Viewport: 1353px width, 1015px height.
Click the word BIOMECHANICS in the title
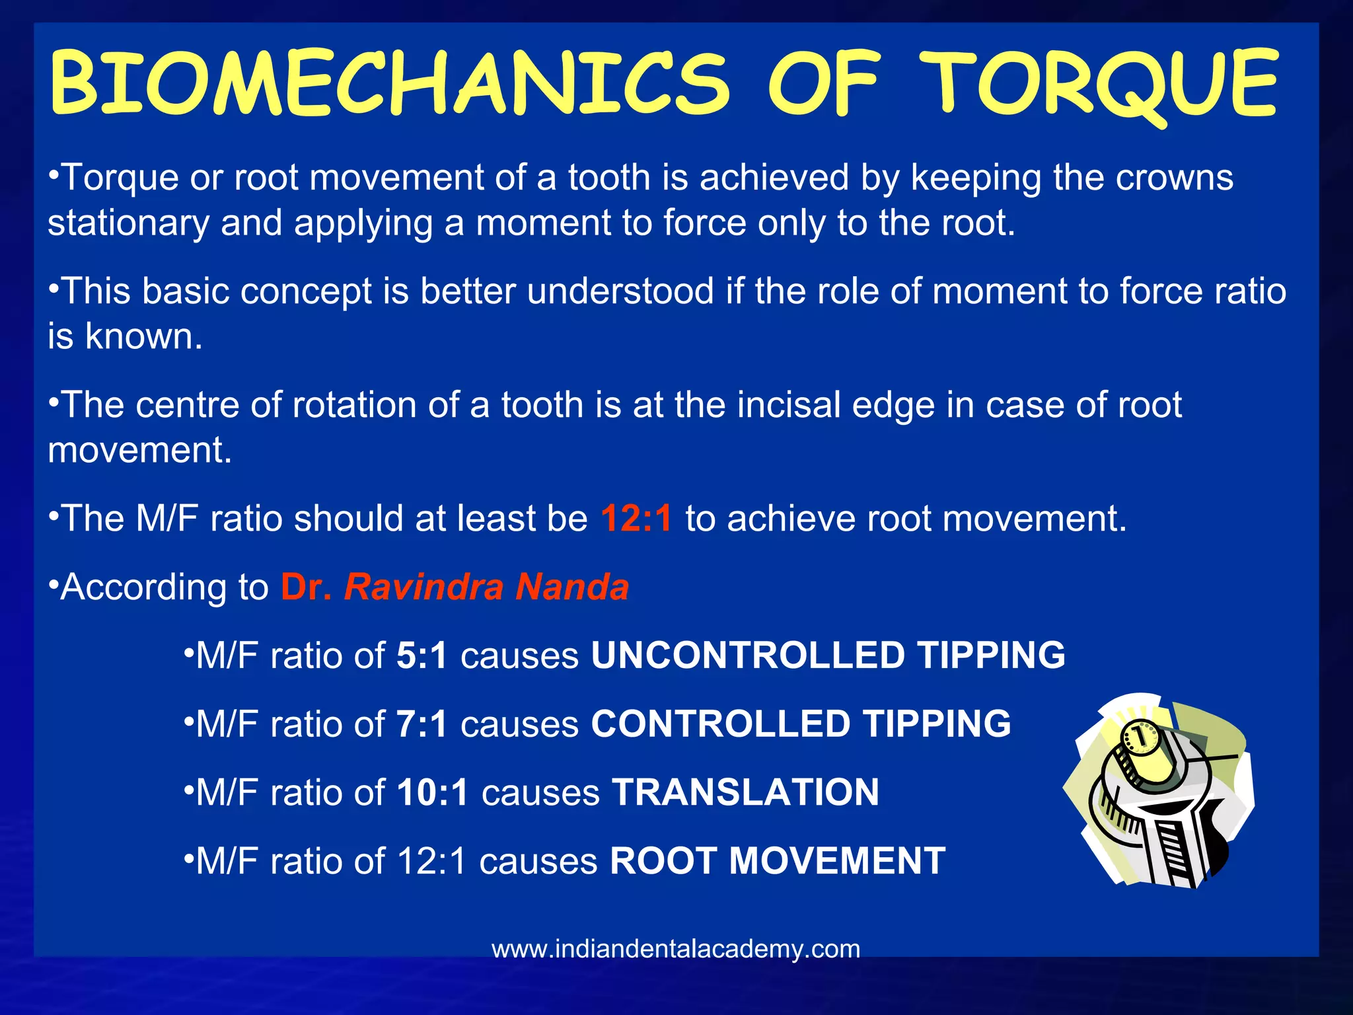pos(390,84)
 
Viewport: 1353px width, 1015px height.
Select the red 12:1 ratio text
pos(636,518)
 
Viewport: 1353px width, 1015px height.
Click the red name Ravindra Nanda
pos(486,587)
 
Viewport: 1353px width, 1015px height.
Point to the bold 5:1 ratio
pos(421,656)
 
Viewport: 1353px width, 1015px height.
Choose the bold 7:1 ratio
pos(421,724)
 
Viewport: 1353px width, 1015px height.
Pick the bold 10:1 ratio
pos(432,792)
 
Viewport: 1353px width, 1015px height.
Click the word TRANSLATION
pos(745,792)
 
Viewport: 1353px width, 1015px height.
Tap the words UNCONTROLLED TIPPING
pos(828,656)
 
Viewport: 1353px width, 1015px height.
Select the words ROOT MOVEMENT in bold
pos(778,861)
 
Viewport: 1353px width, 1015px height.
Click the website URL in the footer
pos(676,949)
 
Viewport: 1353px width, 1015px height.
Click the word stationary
pos(128,223)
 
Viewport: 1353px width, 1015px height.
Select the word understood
pos(620,291)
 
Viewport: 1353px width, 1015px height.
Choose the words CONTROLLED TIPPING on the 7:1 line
pos(801,724)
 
